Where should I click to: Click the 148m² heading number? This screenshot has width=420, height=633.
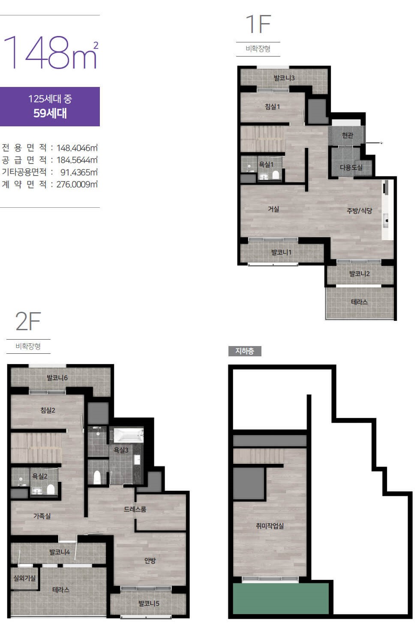click(51, 53)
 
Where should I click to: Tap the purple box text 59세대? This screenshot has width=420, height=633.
click(50, 113)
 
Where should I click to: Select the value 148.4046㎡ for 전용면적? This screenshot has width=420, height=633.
click(77, 148)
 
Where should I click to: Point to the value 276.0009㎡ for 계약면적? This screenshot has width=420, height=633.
click(77, 185)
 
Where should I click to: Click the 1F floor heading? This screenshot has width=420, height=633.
click(258, 24)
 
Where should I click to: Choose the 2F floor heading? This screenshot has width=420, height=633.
click(28, 322)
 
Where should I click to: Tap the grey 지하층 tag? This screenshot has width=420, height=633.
click(245, 351)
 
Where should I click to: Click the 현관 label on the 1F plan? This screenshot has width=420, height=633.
click(348, 135)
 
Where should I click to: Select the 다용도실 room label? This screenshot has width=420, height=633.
click(351, 167)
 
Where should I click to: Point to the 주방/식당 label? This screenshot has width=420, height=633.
click(359, 211)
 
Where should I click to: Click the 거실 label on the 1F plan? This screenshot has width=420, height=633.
click(273, 209)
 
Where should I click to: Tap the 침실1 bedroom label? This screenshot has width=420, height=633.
click(272, 107)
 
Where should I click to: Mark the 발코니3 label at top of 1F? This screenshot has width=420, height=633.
click(284, 78)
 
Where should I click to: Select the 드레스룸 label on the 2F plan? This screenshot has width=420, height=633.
click(135, 509)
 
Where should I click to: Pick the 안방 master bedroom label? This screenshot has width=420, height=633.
click(150, 561)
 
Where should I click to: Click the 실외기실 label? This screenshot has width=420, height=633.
click(24, 578)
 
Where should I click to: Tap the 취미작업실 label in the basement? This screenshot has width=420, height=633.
click(270, 526)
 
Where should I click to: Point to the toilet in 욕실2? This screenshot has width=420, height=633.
click(51, 489)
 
